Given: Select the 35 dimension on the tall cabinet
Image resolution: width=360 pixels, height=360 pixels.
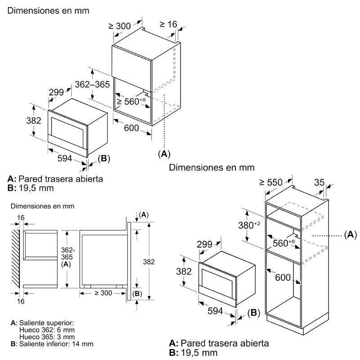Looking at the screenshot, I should (319, 182).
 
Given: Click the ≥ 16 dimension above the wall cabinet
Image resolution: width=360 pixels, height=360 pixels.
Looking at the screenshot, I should (168, 24).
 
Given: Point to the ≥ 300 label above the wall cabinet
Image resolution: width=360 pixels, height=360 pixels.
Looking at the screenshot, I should (120, 26).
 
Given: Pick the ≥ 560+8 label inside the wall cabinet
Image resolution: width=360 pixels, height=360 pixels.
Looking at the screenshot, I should (131, 102).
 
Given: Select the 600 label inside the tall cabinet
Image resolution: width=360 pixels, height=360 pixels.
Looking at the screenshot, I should (283, 278).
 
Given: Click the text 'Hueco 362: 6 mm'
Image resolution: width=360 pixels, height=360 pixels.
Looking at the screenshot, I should (44, 329).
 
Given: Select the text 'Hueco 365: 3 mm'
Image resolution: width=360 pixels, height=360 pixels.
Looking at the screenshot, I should (44, 337).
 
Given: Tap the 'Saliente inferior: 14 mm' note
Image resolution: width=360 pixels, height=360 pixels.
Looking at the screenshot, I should (55, 344).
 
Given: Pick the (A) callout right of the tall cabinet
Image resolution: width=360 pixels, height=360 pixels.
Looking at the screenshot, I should (350, 234).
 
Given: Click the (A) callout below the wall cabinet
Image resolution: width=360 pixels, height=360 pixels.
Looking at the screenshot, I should (164, 154).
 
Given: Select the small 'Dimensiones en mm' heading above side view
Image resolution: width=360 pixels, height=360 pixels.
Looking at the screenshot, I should (42, 206).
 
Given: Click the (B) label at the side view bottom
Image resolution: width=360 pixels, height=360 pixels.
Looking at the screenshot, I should (137, 293).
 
